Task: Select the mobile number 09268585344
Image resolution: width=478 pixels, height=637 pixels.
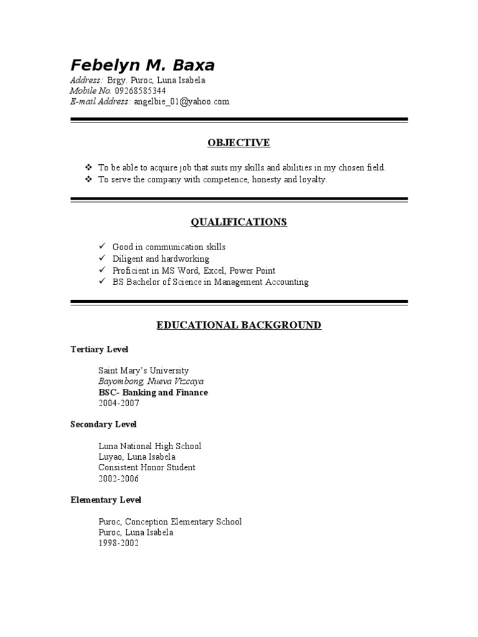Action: pyautogui.click(x=140, y=91)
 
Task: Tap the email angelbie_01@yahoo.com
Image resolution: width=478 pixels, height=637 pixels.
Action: pyautogui.click(x=182, y=101)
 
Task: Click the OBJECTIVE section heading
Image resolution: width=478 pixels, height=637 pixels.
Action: pyautogui.click(x=239, y=143)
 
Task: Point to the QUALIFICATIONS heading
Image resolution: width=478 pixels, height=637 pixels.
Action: pyautogui.click(x=239, y=222)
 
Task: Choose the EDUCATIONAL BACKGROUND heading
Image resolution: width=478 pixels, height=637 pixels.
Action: pyautogui.click(x=239, y=325)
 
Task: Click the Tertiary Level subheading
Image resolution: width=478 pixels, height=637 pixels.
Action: pyautogui.click(x=100, y=350)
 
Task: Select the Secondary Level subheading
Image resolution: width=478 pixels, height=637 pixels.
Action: pyautogui.click(x=103, y=424)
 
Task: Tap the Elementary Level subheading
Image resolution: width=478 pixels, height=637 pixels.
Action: pyautogui.click(x=106, y=500)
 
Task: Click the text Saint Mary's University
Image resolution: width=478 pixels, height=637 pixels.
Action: pyautogui.click(x=143, y=371)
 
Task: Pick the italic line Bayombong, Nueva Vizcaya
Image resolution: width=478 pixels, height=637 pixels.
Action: pyautogui.click(x=151, y=381)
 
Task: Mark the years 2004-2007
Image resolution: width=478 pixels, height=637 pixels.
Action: pyautogui.click(x=119, y=403)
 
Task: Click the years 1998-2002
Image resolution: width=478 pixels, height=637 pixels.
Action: pyautogui.click(x=119, y=543)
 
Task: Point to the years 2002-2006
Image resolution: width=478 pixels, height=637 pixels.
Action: pyautogui.click(x=119, y=479)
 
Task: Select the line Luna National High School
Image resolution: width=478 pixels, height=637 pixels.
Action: pyautogui.click(x=149, y=447)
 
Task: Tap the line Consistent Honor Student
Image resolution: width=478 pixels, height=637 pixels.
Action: pyautogui.click(x=147, y=468)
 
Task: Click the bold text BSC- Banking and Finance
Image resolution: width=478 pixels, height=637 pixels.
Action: pyautogui.click(x=153, y=393)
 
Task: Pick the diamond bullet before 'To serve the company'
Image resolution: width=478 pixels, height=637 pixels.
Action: pyautogui.click(x=88, y=179)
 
